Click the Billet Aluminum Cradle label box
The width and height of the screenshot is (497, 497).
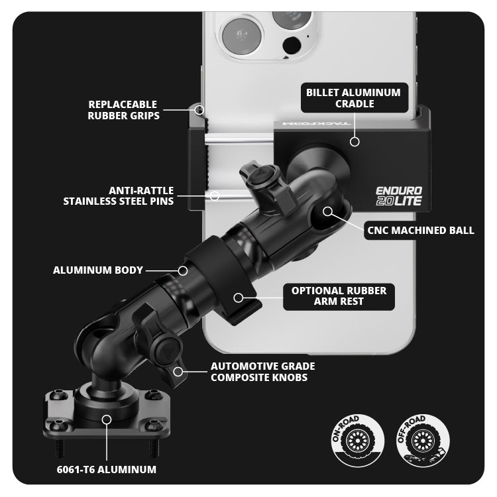(x=355, y=98)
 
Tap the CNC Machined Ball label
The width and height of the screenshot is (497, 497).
(x=420, y=231)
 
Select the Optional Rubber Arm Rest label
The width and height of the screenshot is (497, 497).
(x=339, y=296)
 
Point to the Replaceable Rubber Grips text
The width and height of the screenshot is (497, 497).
(x=124, y=110)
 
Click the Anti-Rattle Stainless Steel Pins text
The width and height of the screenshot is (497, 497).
(x=119, y=196)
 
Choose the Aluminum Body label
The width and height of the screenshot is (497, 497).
(x=98, y=270)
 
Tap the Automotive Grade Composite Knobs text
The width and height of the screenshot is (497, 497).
(x=263, y=372)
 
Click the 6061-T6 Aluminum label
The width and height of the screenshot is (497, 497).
(x=107, y=469)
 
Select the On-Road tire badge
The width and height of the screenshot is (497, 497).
(x=358, y=441)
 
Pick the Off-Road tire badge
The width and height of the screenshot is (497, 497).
(x=423, y=441)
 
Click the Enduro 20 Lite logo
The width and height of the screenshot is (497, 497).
(x=399, y=196)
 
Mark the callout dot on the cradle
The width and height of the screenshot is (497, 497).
(x=355, y=142)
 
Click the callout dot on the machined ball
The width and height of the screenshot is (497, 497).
(x=328, y=211)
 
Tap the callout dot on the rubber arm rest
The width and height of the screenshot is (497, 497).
(x=239, y=298)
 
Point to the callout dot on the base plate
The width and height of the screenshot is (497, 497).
(x=107, y=419)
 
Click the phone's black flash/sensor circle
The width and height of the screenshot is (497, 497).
(x=292, y=45)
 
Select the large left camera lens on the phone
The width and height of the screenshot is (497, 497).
(x=242, y=36)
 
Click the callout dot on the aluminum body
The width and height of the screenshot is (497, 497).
(x=183, y=270)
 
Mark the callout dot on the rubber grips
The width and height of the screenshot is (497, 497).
(x=199, y=110)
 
